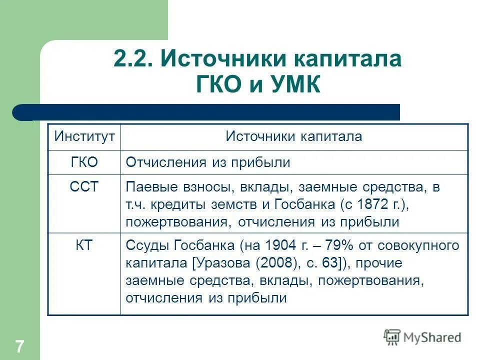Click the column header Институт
point(84,136)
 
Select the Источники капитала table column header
point(293,136)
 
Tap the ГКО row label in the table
point(84,162)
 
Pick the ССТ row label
point(84,187)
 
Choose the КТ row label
point(84,245)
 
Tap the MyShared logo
point(422,337)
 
